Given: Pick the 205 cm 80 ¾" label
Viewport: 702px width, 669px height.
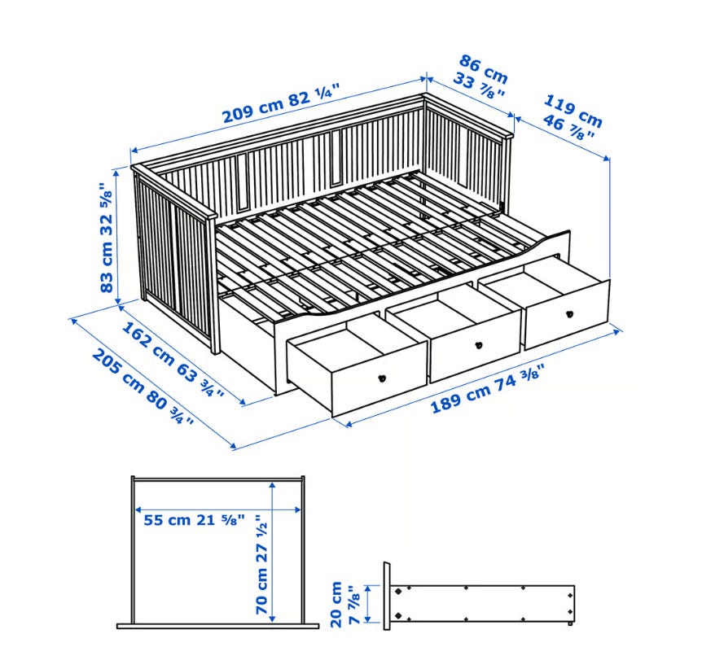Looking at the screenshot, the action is (x=143, y=387).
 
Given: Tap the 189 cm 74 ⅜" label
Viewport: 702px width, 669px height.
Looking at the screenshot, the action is (x=488, y=388).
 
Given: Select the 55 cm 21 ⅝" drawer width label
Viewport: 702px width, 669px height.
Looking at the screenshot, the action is (x=195, y=520).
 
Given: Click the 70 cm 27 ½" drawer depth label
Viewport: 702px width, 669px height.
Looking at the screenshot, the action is (x=261, y=564).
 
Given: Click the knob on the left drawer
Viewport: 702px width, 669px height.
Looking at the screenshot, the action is (x=382, y=378).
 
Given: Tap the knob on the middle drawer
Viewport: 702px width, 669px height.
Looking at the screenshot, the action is (x=479, y=345).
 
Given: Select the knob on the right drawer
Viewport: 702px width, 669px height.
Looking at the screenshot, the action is (x=569, y=313).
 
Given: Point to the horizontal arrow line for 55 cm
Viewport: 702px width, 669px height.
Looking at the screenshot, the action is (x=218, y=509).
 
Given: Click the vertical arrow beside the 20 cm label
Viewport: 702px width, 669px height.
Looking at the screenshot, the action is (x=367, y=604).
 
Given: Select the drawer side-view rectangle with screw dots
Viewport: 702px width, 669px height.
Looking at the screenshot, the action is (x=483, y=604).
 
